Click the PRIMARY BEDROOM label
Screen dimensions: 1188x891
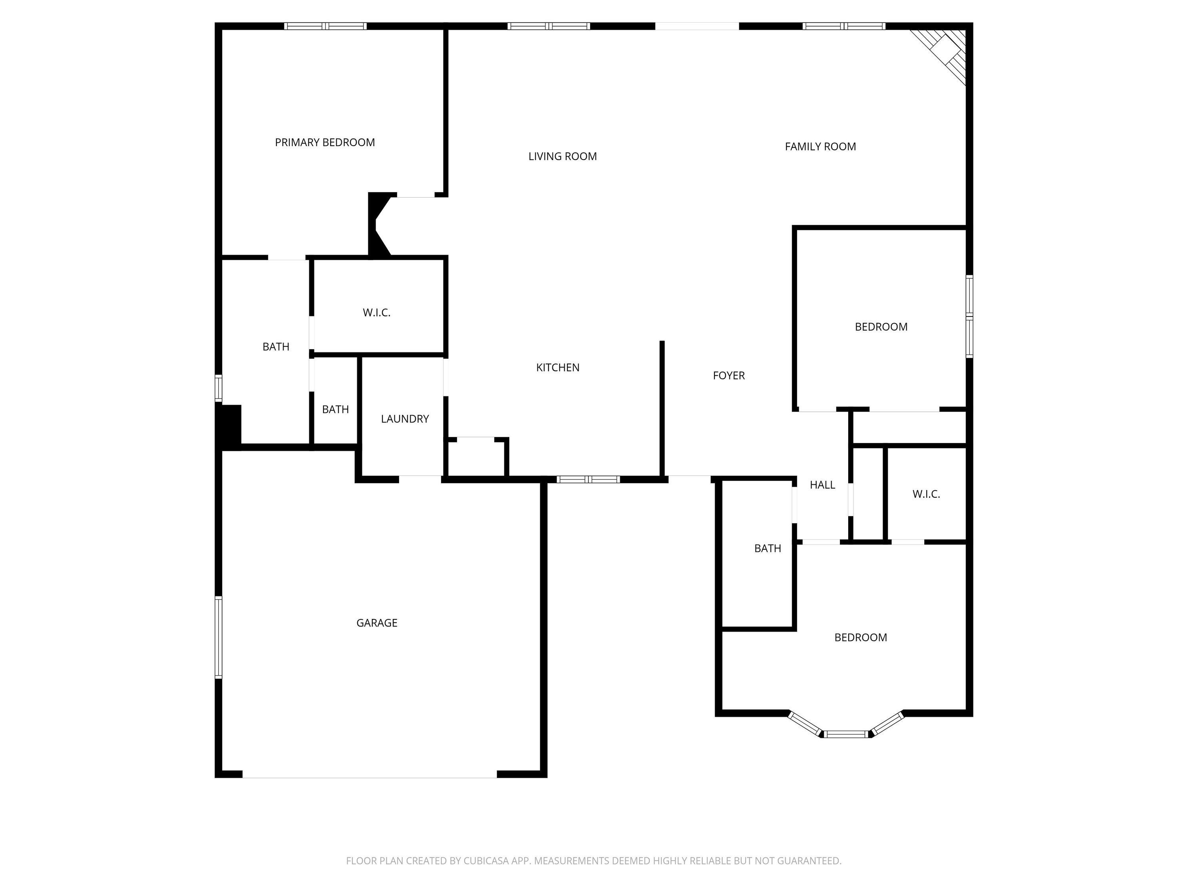coord(325,142)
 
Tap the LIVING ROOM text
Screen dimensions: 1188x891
coord(562,156)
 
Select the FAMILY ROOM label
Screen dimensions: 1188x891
coord(820,147)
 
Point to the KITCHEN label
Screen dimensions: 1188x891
coord(558,367)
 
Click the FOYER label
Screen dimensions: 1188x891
coord(729,375)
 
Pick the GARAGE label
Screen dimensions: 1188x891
coord(377,623)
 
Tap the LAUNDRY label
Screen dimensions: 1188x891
coord(405,419)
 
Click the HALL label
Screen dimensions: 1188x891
coord(822,485)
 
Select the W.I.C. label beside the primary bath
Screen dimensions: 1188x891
coord(377,312)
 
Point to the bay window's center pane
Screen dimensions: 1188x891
coord(846,734)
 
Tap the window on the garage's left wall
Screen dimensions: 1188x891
coord(219,637)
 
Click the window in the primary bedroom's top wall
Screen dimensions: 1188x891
coord(326,26)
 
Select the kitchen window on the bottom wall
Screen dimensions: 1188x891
coord(588,479)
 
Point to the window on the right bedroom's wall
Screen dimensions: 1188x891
coord(969,316)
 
